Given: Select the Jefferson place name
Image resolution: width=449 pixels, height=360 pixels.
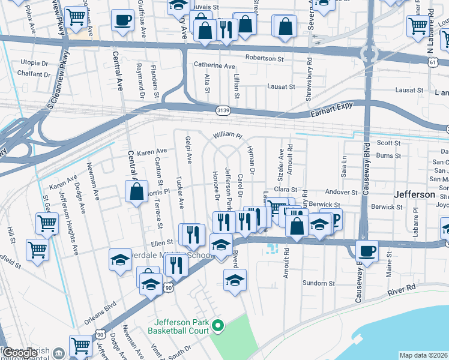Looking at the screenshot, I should point(414,195).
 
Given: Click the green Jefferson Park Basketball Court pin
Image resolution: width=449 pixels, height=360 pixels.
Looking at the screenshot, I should point(218,326).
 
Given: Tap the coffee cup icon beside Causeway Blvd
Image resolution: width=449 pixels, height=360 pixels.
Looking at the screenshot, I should point(366,250).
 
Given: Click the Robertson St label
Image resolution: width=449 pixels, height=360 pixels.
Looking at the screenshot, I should point(264,59).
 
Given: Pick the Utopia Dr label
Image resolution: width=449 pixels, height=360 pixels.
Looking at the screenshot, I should point(34,62).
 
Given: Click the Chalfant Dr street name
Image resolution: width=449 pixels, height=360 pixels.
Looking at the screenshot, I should point(34,74).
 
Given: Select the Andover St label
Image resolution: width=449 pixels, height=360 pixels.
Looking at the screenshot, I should point(341,193).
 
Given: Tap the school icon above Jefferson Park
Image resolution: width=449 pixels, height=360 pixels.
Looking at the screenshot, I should point(235,279).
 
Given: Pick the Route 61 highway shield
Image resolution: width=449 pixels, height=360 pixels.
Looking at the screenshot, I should point(433,62).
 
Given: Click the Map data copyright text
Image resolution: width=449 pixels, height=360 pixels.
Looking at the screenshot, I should point(423,355).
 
